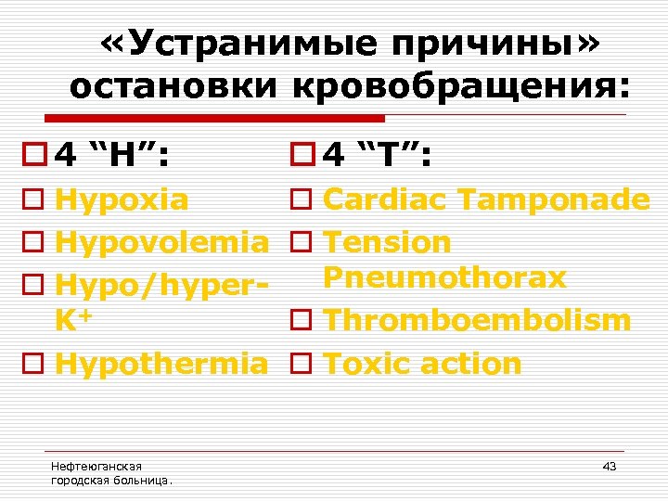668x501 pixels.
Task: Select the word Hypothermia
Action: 161,363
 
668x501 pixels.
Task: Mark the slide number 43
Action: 609,466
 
